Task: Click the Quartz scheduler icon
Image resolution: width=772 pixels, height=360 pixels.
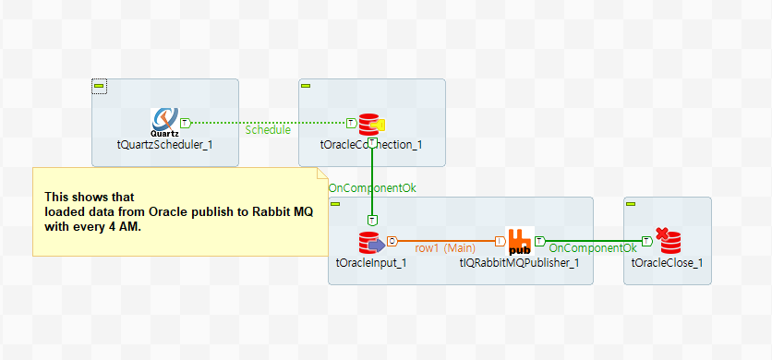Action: (x=165, y=119)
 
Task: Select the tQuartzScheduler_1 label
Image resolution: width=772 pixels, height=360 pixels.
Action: (x=164, y=145)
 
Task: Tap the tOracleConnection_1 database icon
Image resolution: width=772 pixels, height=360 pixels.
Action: (x=369, y=124)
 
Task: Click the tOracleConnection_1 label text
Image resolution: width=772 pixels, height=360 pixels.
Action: (x=371, y=145)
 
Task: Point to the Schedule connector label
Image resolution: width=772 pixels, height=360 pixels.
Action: (x=268, y=130)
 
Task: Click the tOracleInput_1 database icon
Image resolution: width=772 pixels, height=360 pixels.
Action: (x=371, y=243)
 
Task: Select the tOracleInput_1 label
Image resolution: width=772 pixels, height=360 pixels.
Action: (x=371, y=263)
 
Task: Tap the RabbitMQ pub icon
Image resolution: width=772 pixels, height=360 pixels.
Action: (x=518, y=242)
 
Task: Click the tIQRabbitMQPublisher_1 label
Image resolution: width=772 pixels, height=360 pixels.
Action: (x=519, y=263)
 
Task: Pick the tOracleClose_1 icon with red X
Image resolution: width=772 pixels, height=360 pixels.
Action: (x=668, y=242)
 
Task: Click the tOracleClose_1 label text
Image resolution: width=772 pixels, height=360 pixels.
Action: (x=667, y=263)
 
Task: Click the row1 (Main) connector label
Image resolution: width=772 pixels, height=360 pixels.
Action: (x=445, y=248)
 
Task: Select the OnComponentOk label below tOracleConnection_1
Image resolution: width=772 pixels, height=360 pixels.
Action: (x=372, y=188)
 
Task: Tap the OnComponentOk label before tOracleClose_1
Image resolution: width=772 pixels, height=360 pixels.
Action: (x=593, y=248)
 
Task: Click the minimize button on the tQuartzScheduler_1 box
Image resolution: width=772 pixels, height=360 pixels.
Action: (x=100, y=86)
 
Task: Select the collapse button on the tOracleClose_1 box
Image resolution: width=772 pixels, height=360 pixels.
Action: (x=631, y=204)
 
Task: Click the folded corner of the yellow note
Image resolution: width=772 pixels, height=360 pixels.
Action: (x=322, y=174)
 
